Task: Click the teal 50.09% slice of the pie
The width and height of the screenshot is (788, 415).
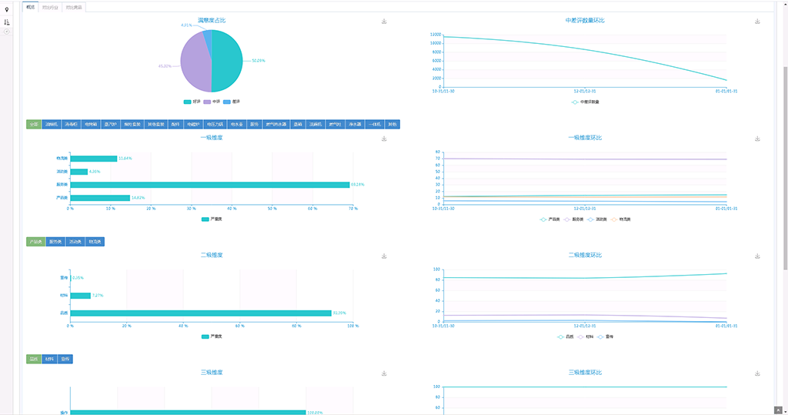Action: pyautogui.click(x=227, y=62)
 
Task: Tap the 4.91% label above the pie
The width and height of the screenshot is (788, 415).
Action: pyautogui.click(x=186, y=25)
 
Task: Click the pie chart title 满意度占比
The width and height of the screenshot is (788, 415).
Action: pyautogui.click(x=212, y=20)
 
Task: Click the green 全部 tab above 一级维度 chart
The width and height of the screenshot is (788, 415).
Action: pyautogui.click(x=34, y=124)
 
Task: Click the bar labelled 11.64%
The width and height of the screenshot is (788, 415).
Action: pyautogui.click(x=93, y=159)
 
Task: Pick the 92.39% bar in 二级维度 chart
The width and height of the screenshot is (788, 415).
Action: pyautogui.click(x=200, y=313)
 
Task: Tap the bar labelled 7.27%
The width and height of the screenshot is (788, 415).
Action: pyautogui.click(x=80, y=295)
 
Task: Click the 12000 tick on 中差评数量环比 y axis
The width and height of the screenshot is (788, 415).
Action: pyautogui.click(x=436, y=35)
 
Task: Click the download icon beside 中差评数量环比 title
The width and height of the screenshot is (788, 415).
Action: pyautogui.click(x=757, y=22)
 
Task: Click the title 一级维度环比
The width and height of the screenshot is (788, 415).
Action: pyautogui.click(x=585, y=138)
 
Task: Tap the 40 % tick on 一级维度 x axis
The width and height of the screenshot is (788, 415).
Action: pyautogui.click(x=232, y=209)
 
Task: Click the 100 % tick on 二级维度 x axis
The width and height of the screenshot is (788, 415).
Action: pyautogui.click(x=352, y=326)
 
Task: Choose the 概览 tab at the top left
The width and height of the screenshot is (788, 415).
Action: pyautogui.click(x=30, y=7)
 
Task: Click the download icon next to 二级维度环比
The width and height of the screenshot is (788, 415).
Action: pyautogui.click(x=757, y=256)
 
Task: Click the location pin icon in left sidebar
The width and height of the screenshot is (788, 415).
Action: pyautogui.click(x=7, y=9)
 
